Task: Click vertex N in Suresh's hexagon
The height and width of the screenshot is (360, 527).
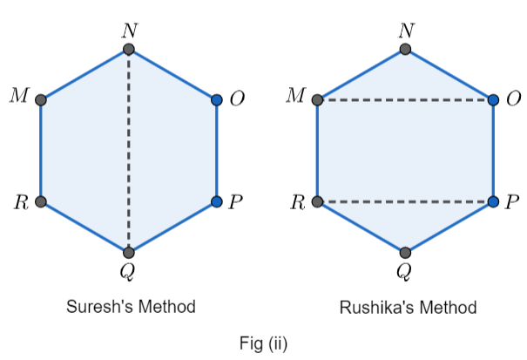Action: coord(129,50)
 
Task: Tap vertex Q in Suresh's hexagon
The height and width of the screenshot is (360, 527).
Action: coord(129,253)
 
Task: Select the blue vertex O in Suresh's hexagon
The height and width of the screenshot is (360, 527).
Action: coord(217,100)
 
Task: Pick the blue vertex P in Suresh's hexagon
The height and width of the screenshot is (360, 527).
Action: coord(217,202)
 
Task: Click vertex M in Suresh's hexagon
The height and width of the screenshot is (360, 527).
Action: coord(41,100)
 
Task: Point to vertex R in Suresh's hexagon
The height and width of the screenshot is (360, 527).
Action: coord(41,202)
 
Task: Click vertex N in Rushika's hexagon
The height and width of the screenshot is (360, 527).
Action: coord(406,50)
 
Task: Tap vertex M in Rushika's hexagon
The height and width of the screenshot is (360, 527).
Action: coord(318,100)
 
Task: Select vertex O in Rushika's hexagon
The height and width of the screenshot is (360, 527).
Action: coord(494,100)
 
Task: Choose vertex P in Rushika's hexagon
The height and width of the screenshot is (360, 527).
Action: coord(494,202)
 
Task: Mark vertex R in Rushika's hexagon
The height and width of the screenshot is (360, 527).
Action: coord(318,202)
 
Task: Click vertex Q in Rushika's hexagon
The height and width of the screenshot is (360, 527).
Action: coord(406,253)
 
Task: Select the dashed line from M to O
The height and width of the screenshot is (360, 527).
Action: coord(406,100)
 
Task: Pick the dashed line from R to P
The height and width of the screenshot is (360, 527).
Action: coord(406,202)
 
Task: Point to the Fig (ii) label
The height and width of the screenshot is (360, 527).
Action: coord(263,343)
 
